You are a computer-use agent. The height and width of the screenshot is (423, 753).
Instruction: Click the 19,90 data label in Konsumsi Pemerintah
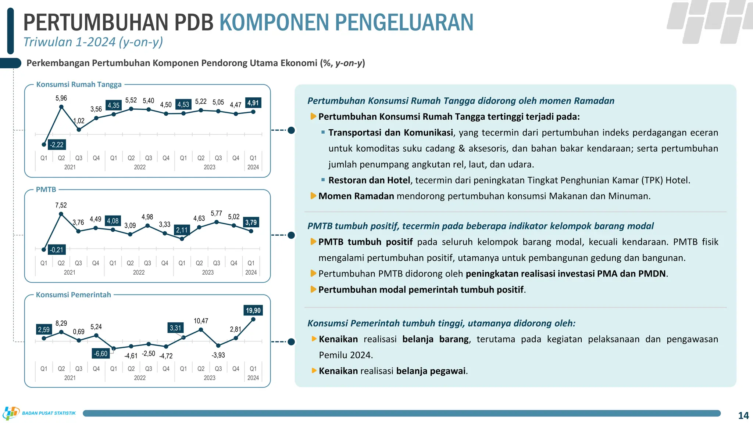coord(253,311)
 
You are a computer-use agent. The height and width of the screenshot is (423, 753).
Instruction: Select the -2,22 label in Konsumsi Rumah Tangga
coord(57,145)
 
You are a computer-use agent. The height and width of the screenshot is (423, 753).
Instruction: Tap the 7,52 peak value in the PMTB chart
coord(61,205)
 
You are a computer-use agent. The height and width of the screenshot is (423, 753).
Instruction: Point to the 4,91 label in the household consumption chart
coord(253,103)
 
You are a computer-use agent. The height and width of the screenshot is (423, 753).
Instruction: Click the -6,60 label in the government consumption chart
coord(101,354)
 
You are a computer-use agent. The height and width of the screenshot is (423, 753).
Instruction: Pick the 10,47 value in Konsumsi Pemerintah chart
coord(201,321)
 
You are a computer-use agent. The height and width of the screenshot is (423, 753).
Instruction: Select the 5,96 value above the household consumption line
coord(61,98)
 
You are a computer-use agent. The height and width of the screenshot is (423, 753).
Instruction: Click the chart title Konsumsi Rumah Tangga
coord(79,84)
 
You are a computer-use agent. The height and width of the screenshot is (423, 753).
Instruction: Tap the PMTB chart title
coord(46,189)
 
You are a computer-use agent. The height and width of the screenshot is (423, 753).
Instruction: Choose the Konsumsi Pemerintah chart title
coord(73,295)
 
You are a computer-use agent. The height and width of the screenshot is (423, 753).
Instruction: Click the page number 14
coord(743,415)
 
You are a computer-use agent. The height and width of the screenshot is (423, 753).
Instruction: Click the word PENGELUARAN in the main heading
coord(404,22)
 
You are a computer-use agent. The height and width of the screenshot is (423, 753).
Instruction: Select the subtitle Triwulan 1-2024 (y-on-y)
coord(93,42)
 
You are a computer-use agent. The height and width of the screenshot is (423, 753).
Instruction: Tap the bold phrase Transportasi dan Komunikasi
coord(390,133)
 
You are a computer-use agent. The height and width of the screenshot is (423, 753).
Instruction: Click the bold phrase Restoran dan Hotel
coord(369,180)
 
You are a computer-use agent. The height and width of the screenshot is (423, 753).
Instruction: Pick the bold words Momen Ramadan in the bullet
coord(356,196)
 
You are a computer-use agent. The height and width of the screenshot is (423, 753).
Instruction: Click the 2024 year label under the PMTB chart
coord(251,272)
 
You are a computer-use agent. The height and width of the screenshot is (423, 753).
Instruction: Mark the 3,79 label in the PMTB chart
coord(251,223)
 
